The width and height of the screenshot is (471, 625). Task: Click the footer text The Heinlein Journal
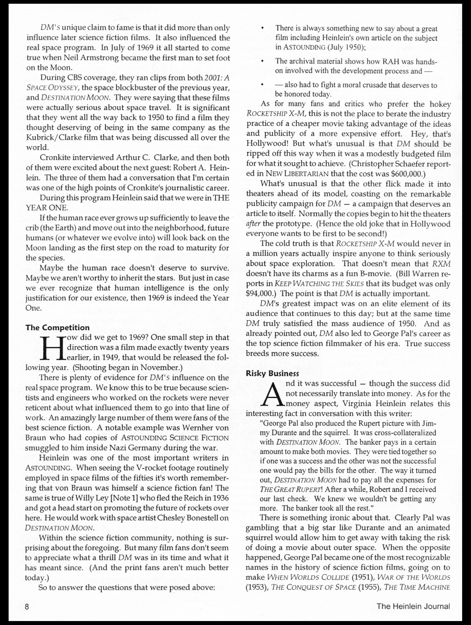coord(413,606)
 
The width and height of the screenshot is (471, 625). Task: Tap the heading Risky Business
coord(272,374)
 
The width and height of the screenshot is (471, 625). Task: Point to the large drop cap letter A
coord(273,394)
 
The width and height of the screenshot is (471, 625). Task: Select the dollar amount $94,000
coord(261,294)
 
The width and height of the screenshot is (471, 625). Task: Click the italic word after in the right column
coord(253,224)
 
